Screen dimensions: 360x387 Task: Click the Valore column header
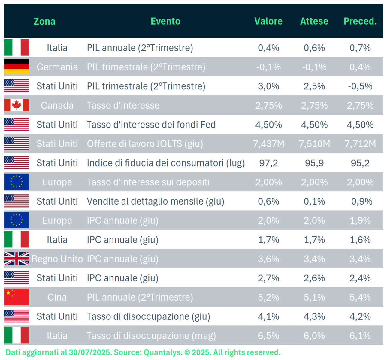click(x=268, y=21)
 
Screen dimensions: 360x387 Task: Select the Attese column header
click(x=314, y=21)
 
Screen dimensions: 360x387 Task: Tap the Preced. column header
click(x=360, y=21)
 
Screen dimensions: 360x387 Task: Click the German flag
click(x=17, y=67)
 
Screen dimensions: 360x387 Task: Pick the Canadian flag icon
click(x=17, y=105)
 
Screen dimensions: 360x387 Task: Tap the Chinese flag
click(x=17, y=297)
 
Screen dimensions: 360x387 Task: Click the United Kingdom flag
click(x=17, y=259)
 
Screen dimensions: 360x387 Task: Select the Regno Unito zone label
click(x=57, y=259)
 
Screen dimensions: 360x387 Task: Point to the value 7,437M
click(x=268, y=144)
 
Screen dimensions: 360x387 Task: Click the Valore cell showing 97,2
click(x=268, y=163)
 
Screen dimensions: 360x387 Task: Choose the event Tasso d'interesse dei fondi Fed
click(x=151, y=124)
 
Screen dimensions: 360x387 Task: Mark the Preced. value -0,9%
click(x=360, y=201)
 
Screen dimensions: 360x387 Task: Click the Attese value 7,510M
click(x=314, y=144)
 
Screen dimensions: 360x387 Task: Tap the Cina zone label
click(x=57, y=297)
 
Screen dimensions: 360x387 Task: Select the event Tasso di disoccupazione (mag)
click(x=151, y=336)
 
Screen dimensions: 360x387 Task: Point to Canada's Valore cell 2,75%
click(x=268, y=105)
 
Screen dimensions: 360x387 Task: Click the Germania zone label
click(x=57, y=67)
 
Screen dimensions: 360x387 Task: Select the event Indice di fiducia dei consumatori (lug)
click(x=166, y=163)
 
